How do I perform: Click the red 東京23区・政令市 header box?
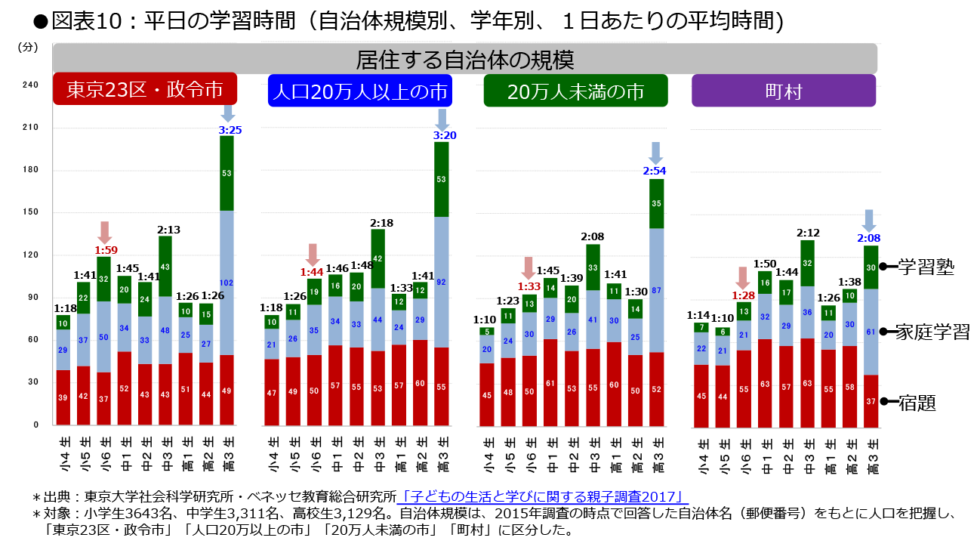(x=144, y=90)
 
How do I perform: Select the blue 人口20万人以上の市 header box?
(x=359, y=91)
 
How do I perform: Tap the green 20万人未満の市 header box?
(x=575, y=91)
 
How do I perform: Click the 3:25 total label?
(x=230, y=130)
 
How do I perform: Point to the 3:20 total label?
(x=443, y=135)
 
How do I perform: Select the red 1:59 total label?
(x=105, y=250)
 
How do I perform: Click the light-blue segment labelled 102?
(x=227, y=283)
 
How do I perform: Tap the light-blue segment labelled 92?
(x=442, y=282)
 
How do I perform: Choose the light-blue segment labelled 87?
(x=656, y=290)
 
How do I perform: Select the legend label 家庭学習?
(x=932, y=332)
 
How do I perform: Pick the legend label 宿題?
(x=917, y=403)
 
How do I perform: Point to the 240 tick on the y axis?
(x=30, y=85)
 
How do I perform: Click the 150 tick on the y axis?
(x=30, y=213)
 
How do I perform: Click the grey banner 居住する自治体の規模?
(x=464, y=58)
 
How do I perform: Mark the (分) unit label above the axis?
(x=27, y=47)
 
